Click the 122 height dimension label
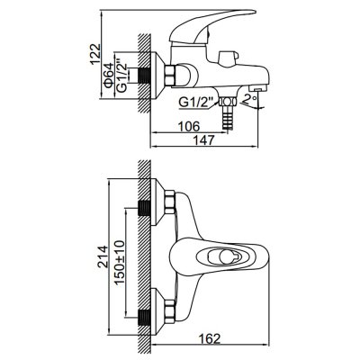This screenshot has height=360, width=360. [x=95, y=54]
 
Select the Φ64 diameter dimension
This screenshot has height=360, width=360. [x=108, y=75]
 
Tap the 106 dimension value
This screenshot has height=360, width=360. [x=188, y=126]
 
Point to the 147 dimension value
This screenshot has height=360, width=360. [x=204, y=140]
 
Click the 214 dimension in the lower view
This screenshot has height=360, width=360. [x=103, y=256]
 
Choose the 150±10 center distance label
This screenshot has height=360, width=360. [x=120, y=262]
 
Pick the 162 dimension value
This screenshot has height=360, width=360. [x=210, y=339]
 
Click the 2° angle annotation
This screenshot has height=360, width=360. [x=251, y=99]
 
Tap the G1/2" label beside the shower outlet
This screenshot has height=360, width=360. [x=196, y=103]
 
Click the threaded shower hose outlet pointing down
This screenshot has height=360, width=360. [x=228, y=118]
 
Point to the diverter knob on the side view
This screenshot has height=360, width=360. [x=229, y=58]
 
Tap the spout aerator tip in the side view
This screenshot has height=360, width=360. [x=258, y=89]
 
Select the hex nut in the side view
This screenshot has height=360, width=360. [x=170, y=75]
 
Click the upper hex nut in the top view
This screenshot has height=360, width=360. [x=170, y=202]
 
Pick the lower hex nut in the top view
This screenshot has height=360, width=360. [x=170, y=311]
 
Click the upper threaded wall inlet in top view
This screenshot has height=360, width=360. [x=144, y=208]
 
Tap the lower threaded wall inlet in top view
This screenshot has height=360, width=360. [x=144, y=317]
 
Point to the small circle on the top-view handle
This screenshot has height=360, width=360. [x=226, y=257]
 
